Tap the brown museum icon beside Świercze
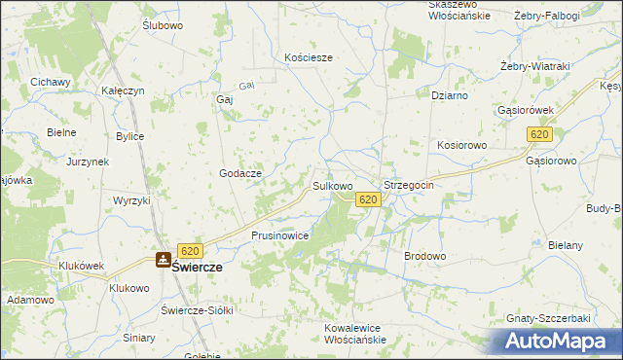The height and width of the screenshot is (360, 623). click(x=164, y=260)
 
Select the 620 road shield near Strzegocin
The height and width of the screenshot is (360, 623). click(x=367, y=199)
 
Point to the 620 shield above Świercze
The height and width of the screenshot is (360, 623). click(x=190, y=251)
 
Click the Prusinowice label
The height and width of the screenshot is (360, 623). click(x=280, y=235)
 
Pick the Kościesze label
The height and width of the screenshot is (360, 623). click(x=309, y=57)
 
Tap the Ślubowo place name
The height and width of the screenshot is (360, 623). click(x=163, y=25)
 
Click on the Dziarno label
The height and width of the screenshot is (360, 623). click(x=450, y=95)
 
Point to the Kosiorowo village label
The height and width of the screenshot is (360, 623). click(x=461, y=144)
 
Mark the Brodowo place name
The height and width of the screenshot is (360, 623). click(x=424, y=256)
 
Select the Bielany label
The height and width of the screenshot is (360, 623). click(x=566, y=245)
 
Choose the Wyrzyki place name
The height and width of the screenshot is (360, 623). click(x=131, y=199)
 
